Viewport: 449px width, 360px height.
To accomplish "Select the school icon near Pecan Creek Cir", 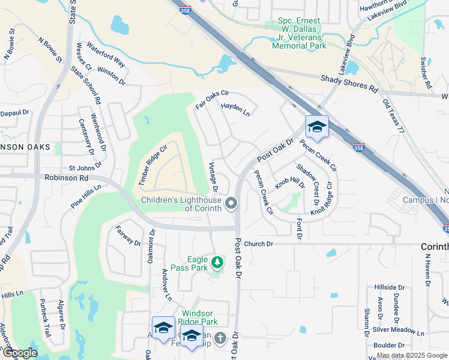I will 317,127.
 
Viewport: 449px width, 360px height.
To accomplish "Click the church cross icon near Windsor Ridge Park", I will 220,338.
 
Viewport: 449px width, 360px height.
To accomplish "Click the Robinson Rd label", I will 66,178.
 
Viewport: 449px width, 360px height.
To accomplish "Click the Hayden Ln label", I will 235,109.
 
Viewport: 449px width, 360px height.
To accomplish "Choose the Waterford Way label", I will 106,54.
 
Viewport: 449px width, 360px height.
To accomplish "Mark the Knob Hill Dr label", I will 290,182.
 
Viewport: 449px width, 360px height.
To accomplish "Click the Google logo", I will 20,353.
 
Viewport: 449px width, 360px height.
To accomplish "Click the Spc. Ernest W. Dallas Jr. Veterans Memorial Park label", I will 300,33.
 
